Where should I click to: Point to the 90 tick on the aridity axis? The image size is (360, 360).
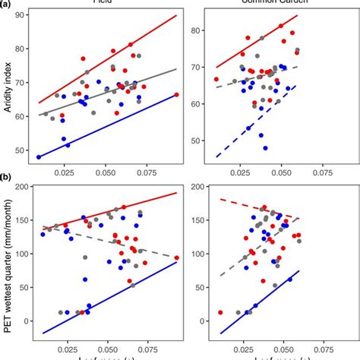pyautogui.click(x=23, y=15)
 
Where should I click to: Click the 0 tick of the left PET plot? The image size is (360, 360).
pyautogui.click(x=26, y=321)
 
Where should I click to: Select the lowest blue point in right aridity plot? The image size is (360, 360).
pyautogui.click(x=265, y=148)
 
